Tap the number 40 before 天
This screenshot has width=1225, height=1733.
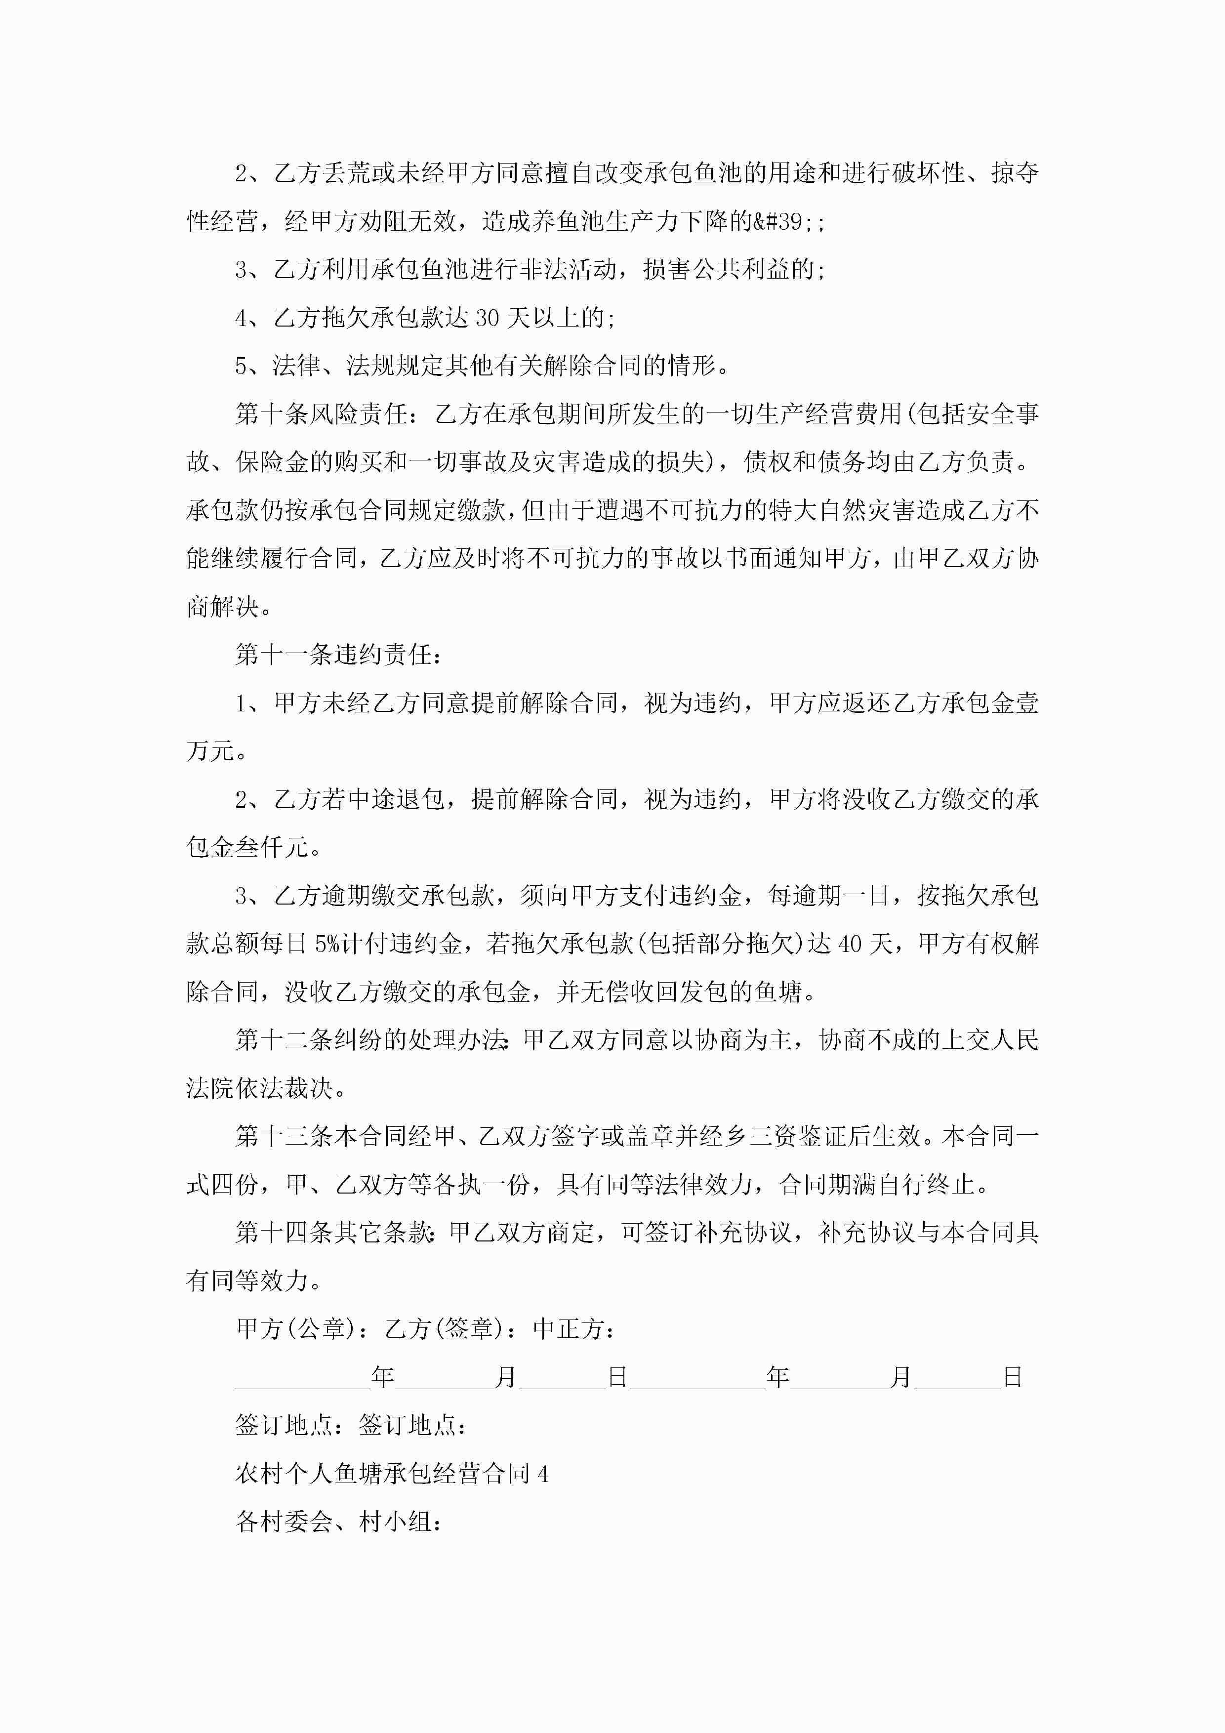coord(850,944)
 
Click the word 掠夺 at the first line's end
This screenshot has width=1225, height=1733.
coord(1015,173)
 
